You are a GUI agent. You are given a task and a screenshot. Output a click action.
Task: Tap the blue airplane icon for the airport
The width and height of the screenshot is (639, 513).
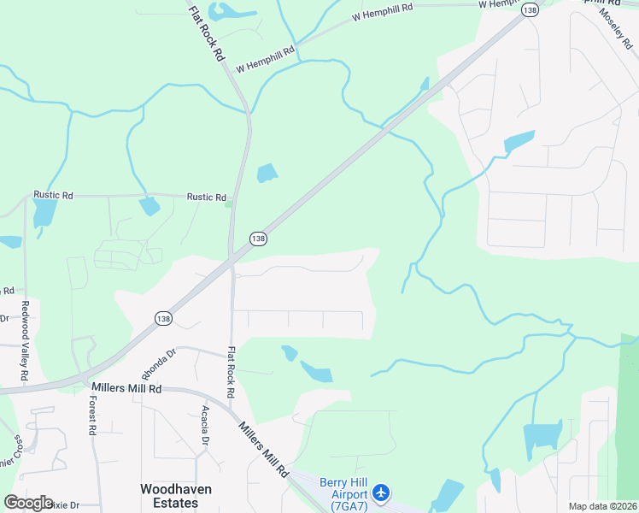[381, 493]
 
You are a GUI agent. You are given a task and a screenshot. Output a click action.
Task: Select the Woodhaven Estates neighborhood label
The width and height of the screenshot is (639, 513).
[176, 496]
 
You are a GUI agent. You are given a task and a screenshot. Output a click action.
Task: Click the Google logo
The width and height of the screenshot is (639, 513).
[28, 503]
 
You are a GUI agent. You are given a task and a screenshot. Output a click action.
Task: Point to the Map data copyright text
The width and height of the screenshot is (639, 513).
[602, 506]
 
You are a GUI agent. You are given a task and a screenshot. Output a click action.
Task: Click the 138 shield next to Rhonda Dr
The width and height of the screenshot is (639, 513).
[162, 318]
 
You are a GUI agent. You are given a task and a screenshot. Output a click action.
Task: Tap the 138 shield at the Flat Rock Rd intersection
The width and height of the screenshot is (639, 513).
[258, 238]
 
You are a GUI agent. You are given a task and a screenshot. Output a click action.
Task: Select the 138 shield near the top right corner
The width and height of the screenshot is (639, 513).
[531, 9]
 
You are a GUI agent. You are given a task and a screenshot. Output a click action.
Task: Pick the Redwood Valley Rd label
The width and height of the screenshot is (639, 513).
[25, 341]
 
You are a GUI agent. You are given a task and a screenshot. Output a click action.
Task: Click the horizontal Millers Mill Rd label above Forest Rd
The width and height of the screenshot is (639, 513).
[126, 388]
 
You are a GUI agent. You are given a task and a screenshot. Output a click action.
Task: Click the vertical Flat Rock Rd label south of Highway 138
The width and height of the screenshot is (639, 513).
[231, 371]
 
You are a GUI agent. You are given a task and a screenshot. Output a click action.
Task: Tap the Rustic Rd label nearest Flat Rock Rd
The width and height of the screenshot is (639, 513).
[206, 197]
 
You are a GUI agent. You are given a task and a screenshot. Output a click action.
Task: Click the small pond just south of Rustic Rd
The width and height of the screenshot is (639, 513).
[149, 206]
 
